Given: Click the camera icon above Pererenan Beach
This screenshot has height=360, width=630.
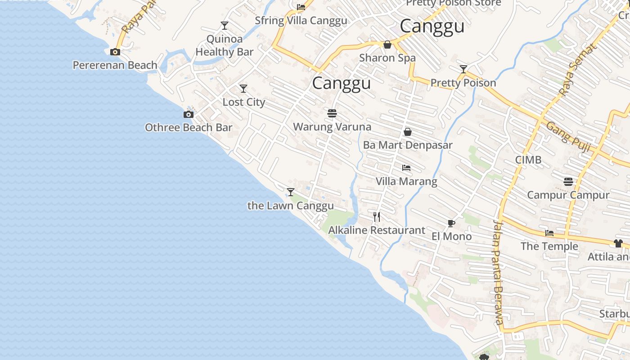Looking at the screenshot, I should [115, 52].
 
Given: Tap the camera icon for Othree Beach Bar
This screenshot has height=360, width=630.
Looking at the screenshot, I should [189, 114].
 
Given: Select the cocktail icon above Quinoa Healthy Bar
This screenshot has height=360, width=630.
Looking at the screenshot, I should [224, 25].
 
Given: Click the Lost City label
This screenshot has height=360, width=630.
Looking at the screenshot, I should [244, 102].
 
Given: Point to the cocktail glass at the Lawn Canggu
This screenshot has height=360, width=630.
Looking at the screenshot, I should [291, 192].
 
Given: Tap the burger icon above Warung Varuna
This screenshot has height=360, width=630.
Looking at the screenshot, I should [332, 113].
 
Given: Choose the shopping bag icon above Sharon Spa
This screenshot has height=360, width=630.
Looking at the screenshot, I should [387, 44].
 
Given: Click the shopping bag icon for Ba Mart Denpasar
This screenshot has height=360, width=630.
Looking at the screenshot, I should [407, 132].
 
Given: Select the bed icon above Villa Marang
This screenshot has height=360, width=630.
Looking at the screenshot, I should [406, 168].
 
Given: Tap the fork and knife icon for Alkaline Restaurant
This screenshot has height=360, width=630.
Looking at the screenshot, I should [377, 217].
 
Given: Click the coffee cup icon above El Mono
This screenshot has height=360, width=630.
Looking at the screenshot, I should [451, 223].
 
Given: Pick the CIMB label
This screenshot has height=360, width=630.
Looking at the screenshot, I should [528, 160].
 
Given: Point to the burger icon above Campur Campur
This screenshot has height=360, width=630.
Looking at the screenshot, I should [568, 182].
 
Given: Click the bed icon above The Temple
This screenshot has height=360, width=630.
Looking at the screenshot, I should [549, 233].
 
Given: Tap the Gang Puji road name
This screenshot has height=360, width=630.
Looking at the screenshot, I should [568, 137].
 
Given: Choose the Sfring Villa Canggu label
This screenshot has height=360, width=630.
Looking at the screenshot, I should [301, 21].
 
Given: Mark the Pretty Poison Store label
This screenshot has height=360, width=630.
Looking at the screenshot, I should [454, 3].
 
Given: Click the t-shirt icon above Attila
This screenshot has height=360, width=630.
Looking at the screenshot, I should [618, 243].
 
